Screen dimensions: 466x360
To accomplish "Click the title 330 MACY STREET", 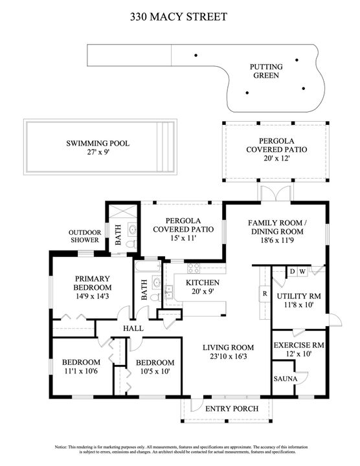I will tap(179, 16).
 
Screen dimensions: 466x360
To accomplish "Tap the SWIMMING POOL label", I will tap(97, 143).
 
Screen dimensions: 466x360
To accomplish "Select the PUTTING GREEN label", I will tap(265, 71).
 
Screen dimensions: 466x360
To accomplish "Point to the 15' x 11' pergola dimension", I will tap(174, 238).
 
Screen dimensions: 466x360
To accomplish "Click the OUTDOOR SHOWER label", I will tap(85, 236).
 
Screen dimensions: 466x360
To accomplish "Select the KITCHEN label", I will tap(203, 283).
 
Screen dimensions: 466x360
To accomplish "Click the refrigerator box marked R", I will tap(265, 293).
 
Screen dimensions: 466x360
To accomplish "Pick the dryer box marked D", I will tap(292, 271).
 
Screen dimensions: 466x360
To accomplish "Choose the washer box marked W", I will tap(302, 271).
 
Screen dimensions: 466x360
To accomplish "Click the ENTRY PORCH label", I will tap(232, 408).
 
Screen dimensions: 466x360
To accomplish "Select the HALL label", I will tap(133, 329).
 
